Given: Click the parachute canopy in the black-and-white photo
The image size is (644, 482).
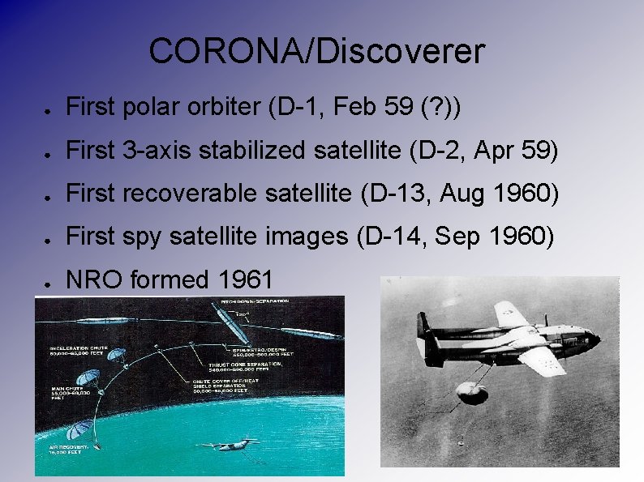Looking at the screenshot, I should pos(473,391).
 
